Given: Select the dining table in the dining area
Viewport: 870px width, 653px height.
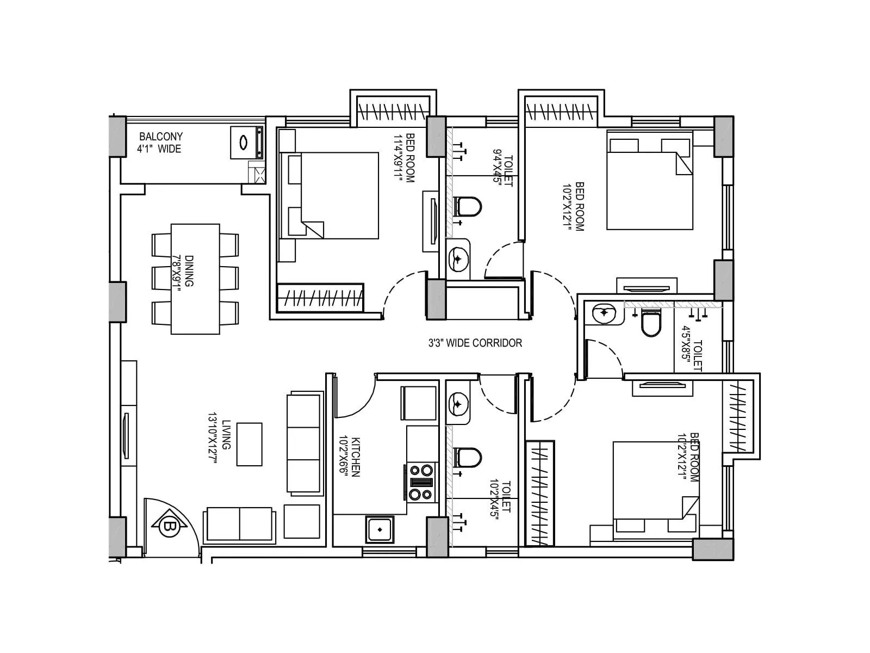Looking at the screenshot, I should coord(195,279).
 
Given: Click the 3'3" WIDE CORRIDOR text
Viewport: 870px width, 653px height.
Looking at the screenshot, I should coord(475,343).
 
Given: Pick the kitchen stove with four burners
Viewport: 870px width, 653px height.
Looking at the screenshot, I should coord(421,482).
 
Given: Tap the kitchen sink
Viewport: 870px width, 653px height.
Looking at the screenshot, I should coord(380,529).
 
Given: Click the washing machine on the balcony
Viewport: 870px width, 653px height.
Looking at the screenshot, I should coord(246,143).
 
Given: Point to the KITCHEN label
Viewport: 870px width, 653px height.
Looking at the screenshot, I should coord(351,456).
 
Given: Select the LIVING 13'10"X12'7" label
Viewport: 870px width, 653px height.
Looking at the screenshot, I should coord(219,439).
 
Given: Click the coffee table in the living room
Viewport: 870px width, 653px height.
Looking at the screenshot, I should coord(249,444).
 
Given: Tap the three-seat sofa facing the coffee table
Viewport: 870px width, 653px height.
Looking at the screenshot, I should coord(303,443).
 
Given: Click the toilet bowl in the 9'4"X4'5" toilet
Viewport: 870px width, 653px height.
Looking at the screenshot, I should coord(469,207).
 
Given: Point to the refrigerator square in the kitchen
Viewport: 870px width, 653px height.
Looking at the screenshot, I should coord(419,403).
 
